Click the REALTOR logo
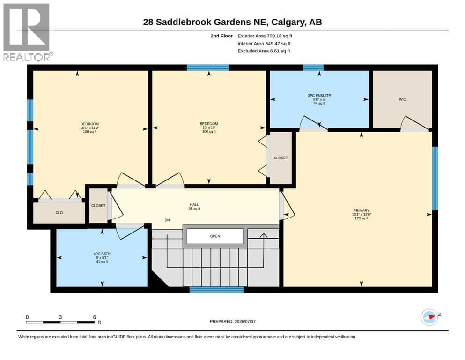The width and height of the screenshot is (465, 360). (27, 32)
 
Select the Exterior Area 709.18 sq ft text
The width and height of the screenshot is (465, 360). (265, 36)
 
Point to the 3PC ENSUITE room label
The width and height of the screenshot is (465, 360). (319, 99)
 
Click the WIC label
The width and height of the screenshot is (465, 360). (402, 99)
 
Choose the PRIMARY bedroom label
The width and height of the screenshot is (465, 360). (361, 214)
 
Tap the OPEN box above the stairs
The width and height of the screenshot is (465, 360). (215, 236)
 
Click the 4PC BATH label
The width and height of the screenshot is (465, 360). (102, 258)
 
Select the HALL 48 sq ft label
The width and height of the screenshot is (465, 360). (194, 207)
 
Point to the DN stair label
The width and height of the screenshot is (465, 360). (167, 220)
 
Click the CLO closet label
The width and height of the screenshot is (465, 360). (59, 213)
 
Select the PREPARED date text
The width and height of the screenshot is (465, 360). (232, 321)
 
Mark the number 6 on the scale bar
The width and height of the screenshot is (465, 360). (94, 317)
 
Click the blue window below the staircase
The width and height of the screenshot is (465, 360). (216, 290)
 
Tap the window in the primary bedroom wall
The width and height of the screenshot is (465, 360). (435, 179)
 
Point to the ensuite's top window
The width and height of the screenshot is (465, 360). (313, 67)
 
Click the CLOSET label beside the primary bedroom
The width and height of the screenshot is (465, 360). (280, 158)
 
